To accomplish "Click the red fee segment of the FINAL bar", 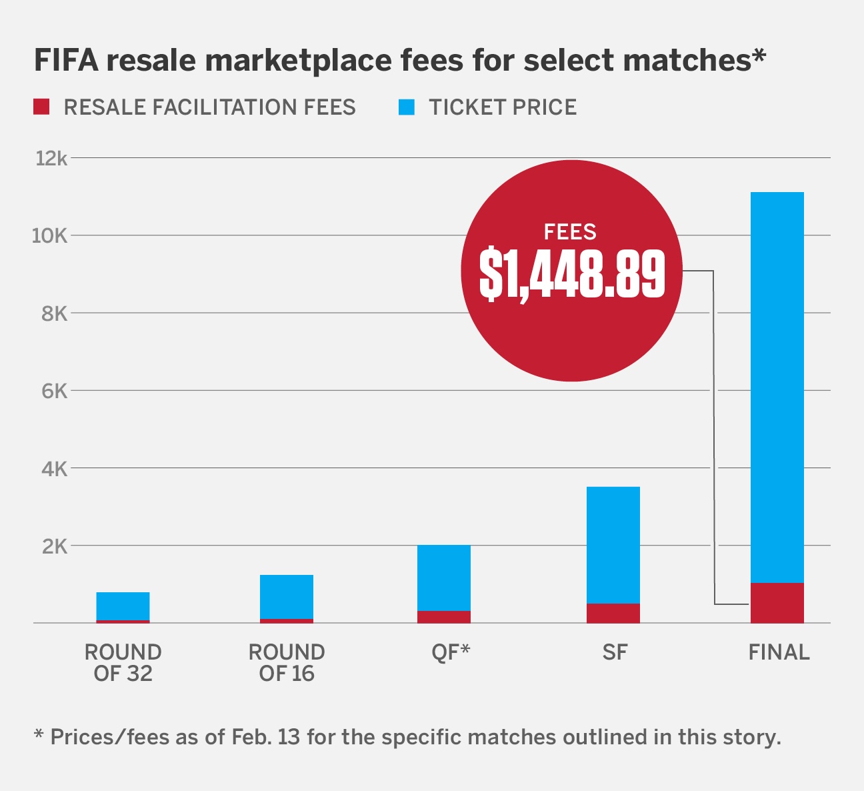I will [777, 603].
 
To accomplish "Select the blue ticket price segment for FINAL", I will [777, 387].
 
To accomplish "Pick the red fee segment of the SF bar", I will [613, 613].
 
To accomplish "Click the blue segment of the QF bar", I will [443, 578].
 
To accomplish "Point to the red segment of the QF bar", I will [443, 617].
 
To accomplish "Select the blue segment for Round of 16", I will [286, 596].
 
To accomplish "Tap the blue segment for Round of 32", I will [123, 606].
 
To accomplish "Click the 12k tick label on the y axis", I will [51, 158].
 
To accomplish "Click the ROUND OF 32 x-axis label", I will [123, 662].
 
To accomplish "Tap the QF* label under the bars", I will [451, 652].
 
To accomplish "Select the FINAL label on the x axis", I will [779, 652].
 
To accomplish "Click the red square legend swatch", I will [41, 107].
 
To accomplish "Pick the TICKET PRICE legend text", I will [503, 107].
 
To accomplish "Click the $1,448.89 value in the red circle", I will [572, 274].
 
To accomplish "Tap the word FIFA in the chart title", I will [65, 61].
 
